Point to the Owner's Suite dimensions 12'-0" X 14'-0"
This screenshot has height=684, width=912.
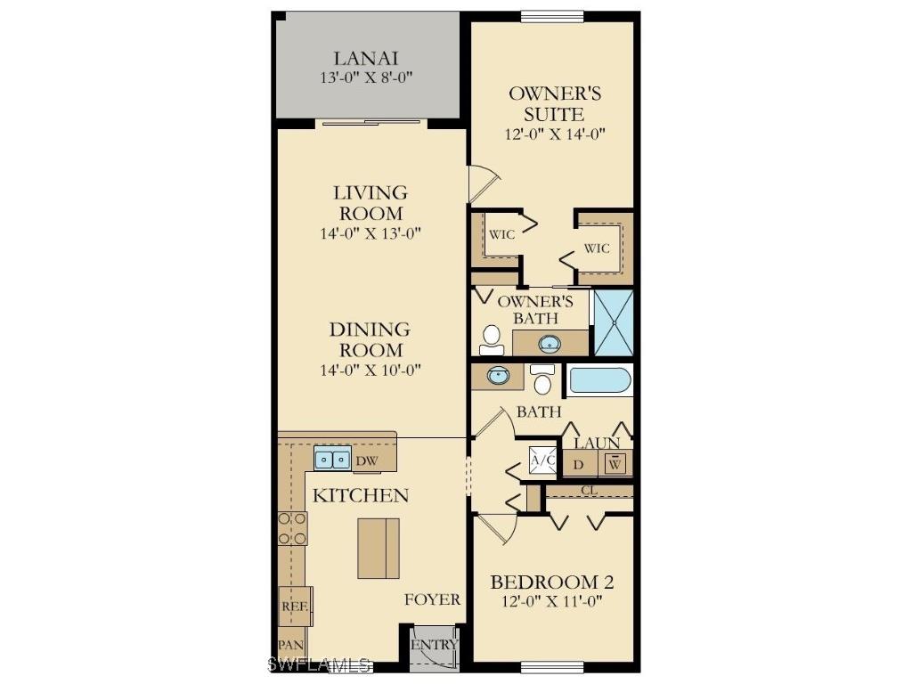click(556, 134)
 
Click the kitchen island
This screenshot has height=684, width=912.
click(379, 548)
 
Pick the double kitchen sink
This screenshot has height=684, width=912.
click(332, 460)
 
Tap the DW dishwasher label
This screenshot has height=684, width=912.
click(366, 461)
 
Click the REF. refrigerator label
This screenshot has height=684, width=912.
click(294, 606)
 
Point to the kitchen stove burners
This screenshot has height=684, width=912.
click(292, 528)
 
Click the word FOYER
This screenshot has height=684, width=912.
click(433, 599)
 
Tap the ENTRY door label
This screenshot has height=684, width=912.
click(434, 644)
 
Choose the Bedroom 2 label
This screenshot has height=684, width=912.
click(552, 582)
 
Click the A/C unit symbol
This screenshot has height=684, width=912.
click(542, 461)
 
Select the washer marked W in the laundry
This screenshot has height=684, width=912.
click(615, 463)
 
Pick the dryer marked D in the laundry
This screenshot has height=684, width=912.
click(578, 464)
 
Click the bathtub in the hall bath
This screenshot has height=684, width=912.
click(600, 381)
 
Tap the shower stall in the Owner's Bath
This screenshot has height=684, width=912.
click(613, 322)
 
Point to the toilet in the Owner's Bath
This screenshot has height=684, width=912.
click(491, 338)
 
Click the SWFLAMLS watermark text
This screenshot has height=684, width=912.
click(320, 664)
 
